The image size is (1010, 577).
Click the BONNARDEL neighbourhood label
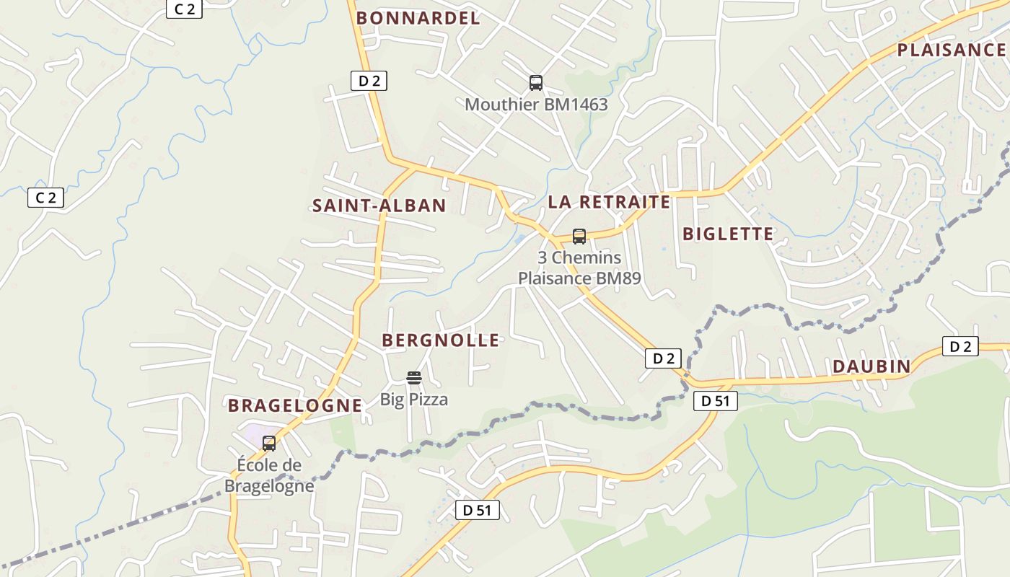point(418,18)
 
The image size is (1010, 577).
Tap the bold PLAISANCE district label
point(951,50)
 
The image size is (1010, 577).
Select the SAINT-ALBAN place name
point(379,206)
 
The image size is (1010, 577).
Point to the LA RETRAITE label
point(609,202)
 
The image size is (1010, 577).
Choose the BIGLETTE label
point(727,234)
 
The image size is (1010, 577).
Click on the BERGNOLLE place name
point(440,340)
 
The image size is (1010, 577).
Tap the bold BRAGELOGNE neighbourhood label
point(295,405)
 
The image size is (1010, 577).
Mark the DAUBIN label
point(871,366)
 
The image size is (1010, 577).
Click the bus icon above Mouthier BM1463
point(535,83)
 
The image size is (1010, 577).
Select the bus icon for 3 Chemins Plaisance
point(579,236)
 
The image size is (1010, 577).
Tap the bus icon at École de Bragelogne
point(269,444)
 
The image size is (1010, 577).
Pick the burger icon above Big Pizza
point(413,377)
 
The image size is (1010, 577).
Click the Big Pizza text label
point(414,400)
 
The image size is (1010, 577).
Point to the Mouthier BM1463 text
point(536,105)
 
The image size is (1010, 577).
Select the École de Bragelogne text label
point(269,475)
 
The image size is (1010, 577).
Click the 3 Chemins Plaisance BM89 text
point(579,268)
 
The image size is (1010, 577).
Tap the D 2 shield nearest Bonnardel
point(369,81)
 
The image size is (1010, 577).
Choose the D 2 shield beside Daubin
point(960,347)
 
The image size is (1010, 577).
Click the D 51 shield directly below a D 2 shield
point(716,401)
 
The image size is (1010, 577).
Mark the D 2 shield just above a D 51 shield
point(663,358)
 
